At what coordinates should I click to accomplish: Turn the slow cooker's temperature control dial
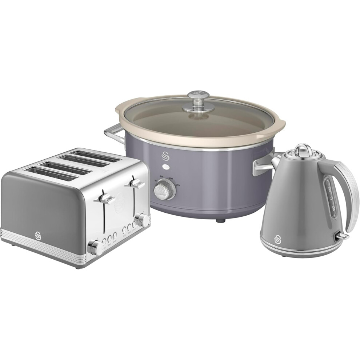pos(160,189)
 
